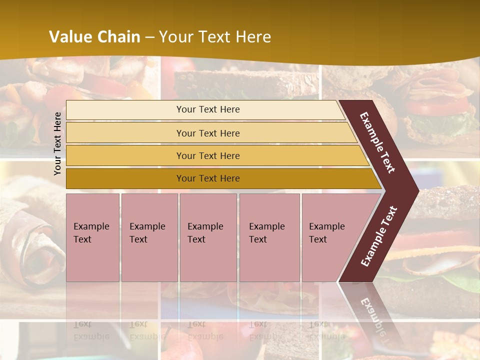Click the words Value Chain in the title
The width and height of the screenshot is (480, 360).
point(94,37)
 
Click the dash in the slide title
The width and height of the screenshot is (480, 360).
point(149,37)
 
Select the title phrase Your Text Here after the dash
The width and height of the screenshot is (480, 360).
point(214,37)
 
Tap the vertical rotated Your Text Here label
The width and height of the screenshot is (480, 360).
point(57,143)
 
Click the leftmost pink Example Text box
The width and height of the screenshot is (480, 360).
point(92,237)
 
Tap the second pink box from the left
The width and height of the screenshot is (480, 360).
point(149,237)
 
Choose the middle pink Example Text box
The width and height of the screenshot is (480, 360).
point(208,237)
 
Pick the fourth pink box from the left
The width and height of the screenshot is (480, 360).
point(269,237)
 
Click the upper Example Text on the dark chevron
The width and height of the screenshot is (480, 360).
point(377,142)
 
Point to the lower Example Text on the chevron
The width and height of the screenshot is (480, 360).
point(379,236)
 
